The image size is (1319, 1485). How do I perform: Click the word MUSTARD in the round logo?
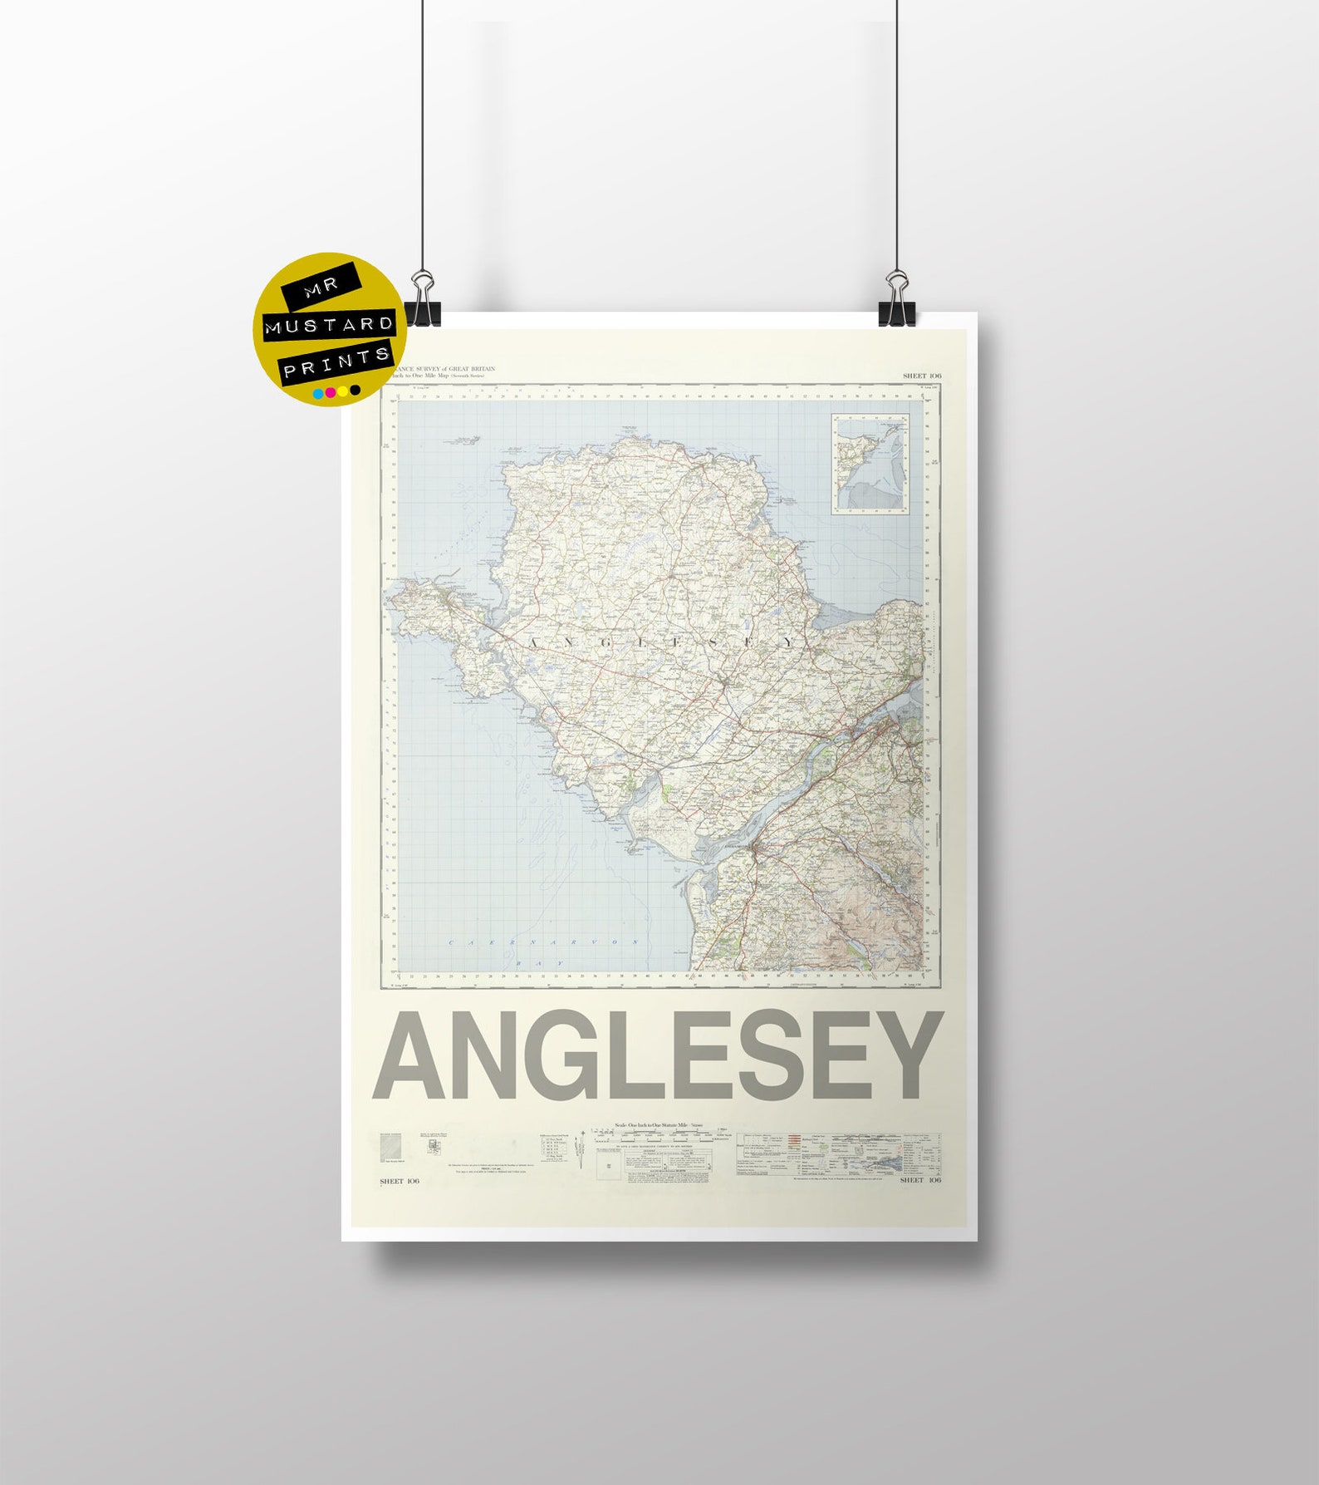coord(329,324)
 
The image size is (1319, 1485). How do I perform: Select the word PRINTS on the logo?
coord(336,362)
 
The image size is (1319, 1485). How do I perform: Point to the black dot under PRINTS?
coord(355,391)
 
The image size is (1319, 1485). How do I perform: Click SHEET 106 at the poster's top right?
coord(922,376)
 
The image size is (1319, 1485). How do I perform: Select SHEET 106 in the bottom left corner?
coord(400,1181)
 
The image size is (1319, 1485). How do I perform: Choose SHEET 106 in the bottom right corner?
coord(921,1180)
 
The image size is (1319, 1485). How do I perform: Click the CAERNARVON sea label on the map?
coord(545,942)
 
